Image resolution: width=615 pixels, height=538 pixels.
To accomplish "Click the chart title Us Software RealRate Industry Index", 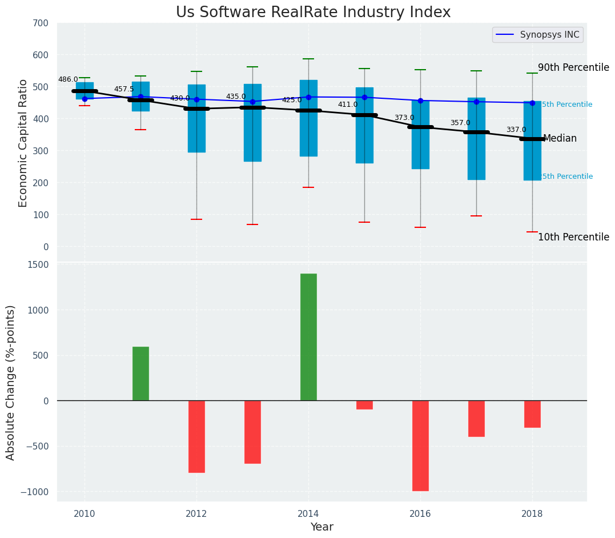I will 313,13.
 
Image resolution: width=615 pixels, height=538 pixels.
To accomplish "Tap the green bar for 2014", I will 308,337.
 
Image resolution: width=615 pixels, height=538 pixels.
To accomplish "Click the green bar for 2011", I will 140,374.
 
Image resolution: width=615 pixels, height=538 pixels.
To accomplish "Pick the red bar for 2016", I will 420,445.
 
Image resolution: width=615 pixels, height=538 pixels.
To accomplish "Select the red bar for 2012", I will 196,436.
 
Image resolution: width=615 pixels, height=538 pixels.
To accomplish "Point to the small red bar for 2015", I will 364,405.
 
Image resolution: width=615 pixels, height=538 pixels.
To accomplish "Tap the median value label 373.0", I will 404,118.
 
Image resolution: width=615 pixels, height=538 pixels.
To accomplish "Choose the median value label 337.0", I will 516,130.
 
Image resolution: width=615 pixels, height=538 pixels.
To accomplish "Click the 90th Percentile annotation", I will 573,67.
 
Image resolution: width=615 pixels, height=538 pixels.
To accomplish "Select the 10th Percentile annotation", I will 573,238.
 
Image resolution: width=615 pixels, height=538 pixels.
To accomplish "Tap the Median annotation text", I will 560,139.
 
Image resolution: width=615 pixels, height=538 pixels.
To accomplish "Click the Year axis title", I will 321,527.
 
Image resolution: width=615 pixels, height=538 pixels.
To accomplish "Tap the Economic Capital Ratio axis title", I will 23,143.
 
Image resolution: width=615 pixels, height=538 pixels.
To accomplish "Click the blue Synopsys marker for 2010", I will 85,99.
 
